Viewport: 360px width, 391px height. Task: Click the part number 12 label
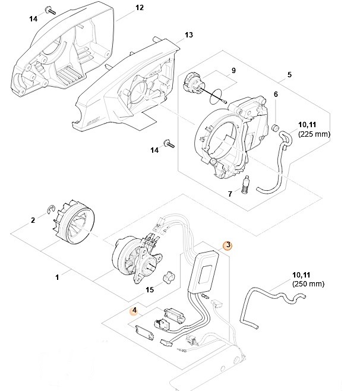pyautogui.click(x=140, y=8)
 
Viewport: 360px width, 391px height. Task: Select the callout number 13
pyautogui.click(x=189, y=35)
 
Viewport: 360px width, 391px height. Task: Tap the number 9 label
pyautogui.click(x=233, y=71)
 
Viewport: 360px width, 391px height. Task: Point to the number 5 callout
pyautogui.click(x=289, y=75)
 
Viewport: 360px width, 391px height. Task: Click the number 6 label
pyautogui.click(x=276, y=95)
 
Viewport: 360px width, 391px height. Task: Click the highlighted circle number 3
pyautogui.click(x=226, y=244)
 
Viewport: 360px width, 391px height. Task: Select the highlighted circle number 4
pyautogui.click(x=135, y=310)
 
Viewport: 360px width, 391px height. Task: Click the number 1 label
pyautogui.click(x=57, y=277)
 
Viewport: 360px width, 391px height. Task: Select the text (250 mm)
pyautogui.click(x=308, y=285)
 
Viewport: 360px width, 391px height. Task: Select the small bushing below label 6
pyautogui.click(x=276, y=128)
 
